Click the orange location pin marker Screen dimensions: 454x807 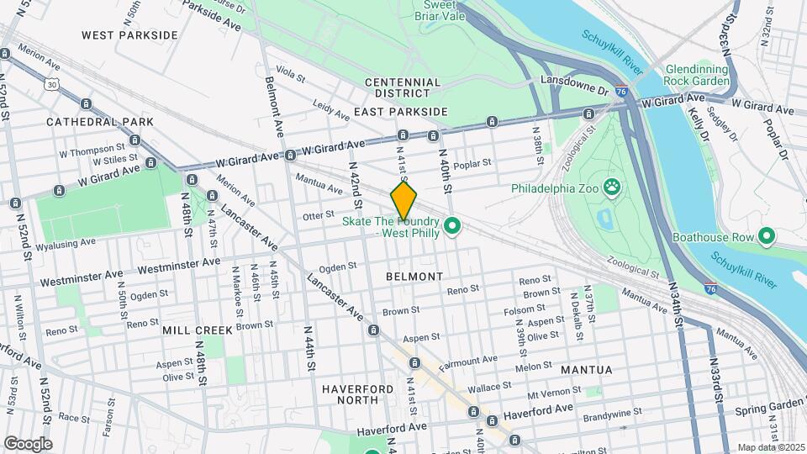403,202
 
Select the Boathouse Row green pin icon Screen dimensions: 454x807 766,237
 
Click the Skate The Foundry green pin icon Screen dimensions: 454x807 451,226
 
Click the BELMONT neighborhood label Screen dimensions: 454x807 414,276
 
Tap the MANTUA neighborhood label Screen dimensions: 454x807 581,369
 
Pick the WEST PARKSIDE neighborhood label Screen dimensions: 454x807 129,35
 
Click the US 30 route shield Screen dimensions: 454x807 52,84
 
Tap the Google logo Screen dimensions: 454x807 28,443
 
